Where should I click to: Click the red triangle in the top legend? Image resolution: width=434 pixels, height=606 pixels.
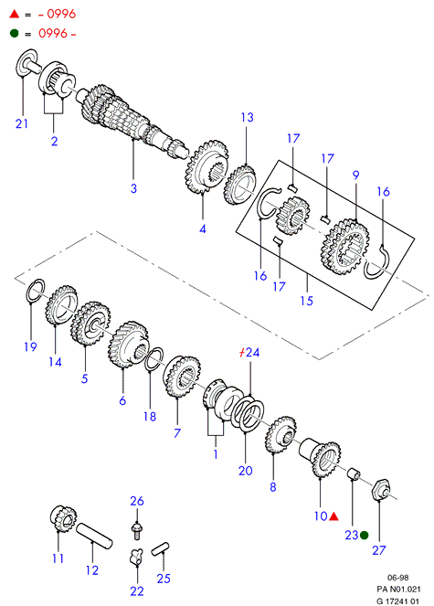point(15,15)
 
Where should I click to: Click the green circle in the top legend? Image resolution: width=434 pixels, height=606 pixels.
point(15,33)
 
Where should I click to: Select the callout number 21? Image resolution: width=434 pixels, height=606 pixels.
point(22,123)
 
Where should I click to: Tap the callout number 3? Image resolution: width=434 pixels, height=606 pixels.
point(133,188)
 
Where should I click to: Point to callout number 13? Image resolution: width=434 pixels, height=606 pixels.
point(248,117)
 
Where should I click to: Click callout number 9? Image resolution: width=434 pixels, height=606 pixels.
point(356,175)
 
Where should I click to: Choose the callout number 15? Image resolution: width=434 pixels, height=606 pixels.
point(307,301)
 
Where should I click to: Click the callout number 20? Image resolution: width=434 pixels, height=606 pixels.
point(246,471)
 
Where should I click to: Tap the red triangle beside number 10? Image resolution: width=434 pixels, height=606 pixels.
point(333,516)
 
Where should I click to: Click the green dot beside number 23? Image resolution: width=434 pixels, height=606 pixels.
point(364,536)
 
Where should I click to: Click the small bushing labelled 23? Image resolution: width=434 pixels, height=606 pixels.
point(355,473)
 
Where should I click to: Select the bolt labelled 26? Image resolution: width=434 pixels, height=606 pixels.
point(136,530)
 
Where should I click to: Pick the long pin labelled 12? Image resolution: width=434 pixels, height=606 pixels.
point(94,536)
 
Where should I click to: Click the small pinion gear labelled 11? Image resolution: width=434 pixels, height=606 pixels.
point(64,519)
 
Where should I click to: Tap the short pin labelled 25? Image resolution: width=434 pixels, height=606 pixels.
point(160,548)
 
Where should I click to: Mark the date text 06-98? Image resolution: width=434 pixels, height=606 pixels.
point(398,578)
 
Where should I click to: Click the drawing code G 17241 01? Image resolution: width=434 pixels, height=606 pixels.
point(398,601)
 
